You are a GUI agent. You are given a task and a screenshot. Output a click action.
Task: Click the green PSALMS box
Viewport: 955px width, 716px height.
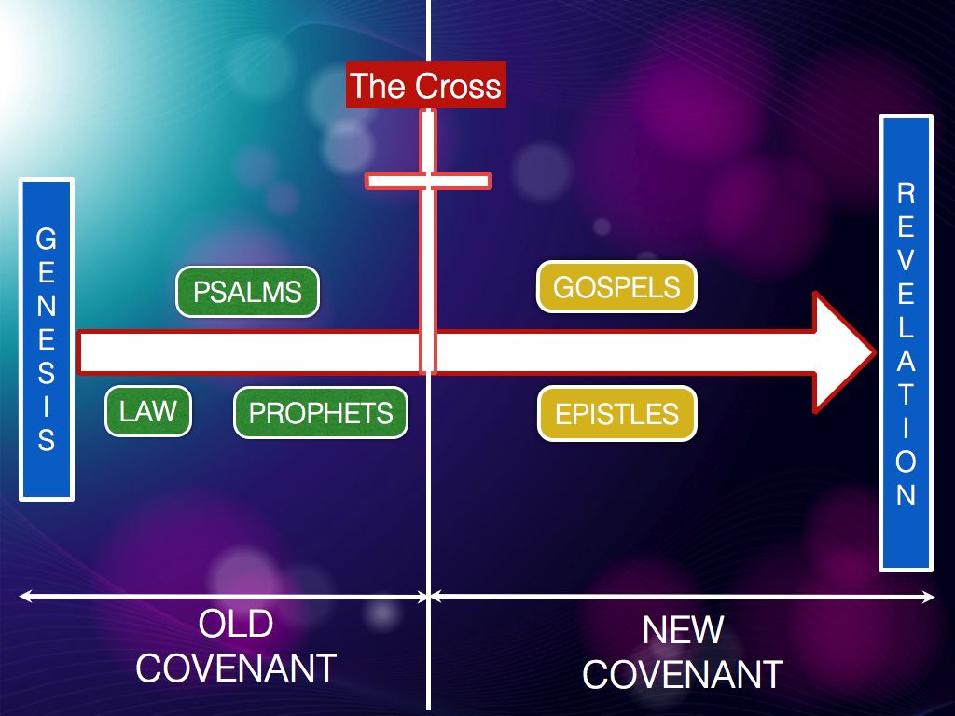click(247, 292)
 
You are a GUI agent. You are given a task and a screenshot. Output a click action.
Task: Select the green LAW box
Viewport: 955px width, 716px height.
click(148, 410)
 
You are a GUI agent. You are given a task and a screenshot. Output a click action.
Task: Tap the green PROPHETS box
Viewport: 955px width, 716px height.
click(321, 413)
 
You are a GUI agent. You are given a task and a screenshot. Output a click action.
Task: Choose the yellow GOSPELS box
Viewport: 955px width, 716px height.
click(616, 286)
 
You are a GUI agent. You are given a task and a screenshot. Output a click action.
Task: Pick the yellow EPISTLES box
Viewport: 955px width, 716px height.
click(616, 413)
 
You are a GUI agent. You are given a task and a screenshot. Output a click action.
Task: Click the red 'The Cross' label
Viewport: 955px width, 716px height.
click(425, 86)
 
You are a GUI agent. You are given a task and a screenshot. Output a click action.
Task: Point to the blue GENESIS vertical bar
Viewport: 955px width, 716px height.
click(46, 339)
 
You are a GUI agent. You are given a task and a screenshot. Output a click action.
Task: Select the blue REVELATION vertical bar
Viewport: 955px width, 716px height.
click(906, 343)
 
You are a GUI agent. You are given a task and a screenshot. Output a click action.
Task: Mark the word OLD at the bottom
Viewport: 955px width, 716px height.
click(235, 624)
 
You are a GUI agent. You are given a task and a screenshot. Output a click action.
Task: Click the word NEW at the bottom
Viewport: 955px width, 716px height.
click(683, 631)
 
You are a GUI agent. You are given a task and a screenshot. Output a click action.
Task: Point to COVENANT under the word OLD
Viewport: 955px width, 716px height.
click(235, 668)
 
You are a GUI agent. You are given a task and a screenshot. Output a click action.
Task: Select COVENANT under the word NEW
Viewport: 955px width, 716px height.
click(683, 674)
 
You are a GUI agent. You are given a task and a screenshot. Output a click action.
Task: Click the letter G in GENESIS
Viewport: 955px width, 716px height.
click(46, 239)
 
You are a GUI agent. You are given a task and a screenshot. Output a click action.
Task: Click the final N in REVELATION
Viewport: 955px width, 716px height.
click(906, 495)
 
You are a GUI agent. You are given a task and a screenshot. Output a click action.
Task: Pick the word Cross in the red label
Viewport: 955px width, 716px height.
click(458, 87)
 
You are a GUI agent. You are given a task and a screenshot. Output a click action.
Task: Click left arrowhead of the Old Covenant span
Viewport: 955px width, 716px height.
click(23, 595)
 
